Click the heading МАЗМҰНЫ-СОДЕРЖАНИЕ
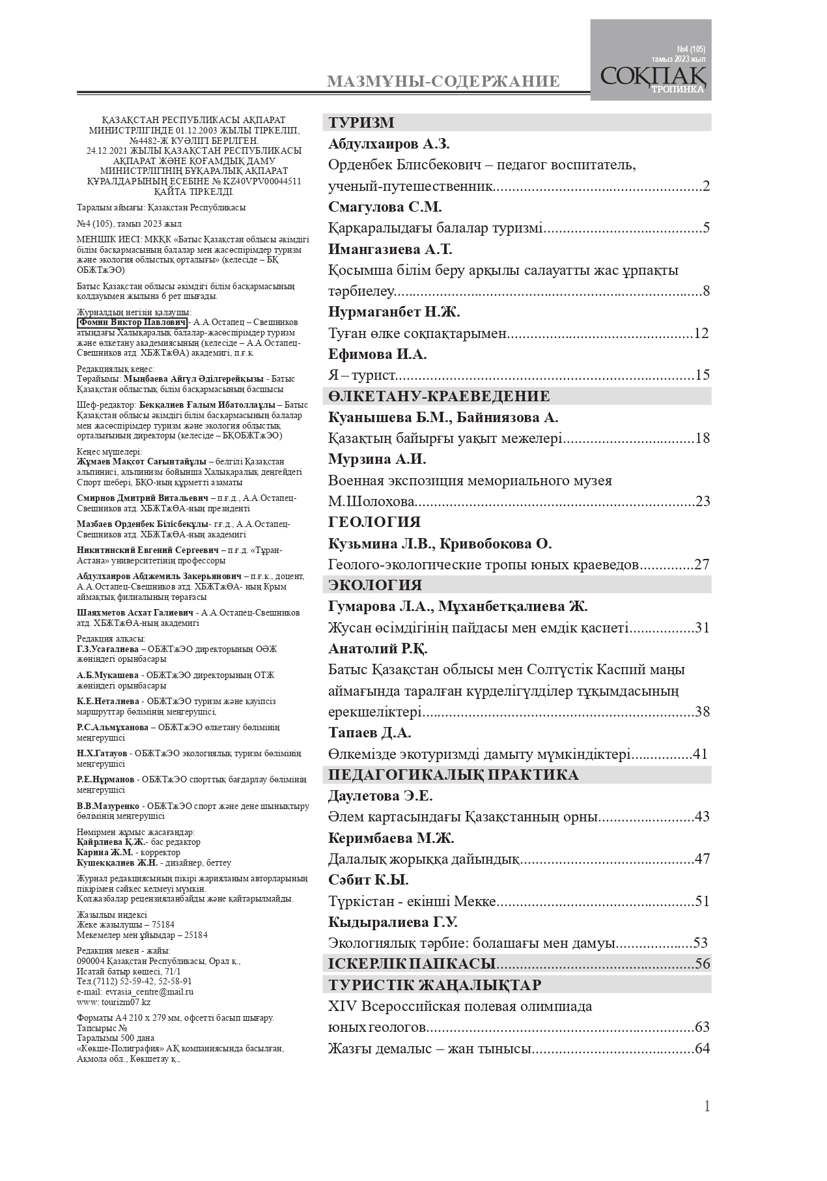[x=443, y=81]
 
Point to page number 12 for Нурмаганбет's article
[x=701, y=334]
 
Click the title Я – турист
[x=362, y=375]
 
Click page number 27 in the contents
[x=701, y=565]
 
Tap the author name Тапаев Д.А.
[x=369, y=733]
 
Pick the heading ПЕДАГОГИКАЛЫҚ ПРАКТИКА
[x=453, y=775]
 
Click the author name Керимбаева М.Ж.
[x=391, y=838]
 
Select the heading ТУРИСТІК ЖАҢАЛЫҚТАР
[x=435, y=984]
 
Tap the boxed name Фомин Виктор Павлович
[x=132, y=322]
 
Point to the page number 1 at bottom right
[x=707, y=1106]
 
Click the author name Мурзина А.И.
[x=377, y=459]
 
